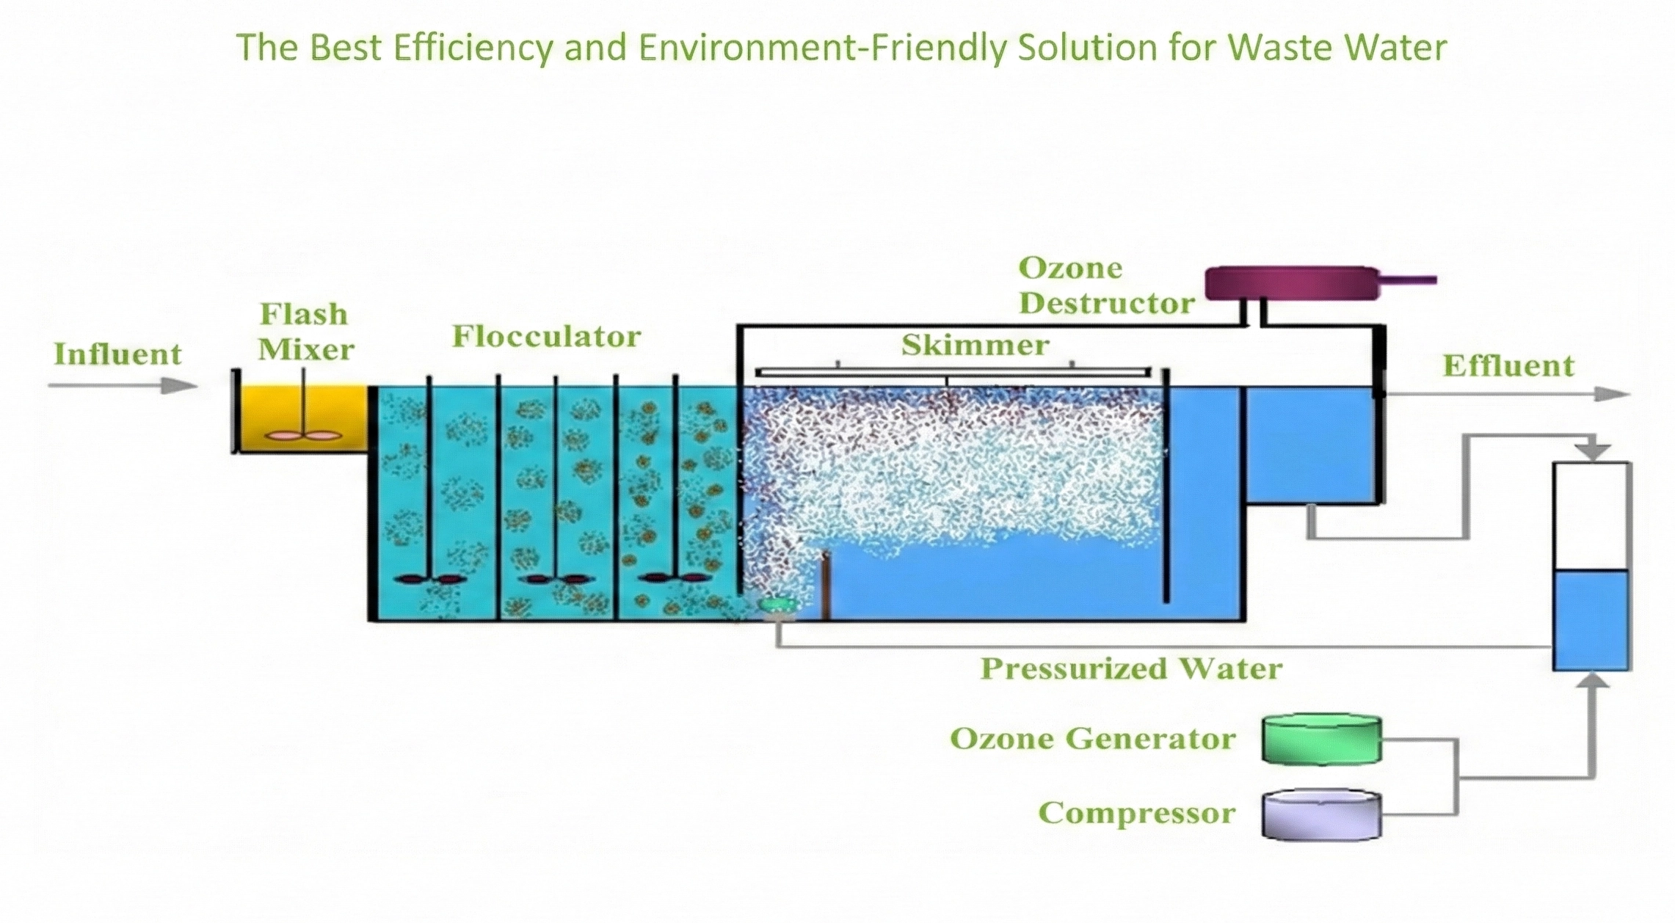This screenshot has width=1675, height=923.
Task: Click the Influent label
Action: point(117,354)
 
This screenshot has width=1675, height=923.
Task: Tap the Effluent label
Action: point(1508,366)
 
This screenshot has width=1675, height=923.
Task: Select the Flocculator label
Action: point(546,337)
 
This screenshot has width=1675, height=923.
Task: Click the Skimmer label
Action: point(975,345)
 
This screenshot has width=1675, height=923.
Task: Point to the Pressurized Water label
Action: point(1131,668)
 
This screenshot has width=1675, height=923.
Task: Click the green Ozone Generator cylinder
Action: point(1321,740)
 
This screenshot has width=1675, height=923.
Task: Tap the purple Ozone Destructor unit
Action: point(1292,283)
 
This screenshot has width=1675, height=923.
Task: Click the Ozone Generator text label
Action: point(1092,739)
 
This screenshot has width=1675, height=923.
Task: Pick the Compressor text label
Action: point(1136,813)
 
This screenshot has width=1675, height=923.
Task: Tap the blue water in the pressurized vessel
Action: point(1591,620)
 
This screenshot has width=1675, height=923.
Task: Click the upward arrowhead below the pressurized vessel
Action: point(1591,682)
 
